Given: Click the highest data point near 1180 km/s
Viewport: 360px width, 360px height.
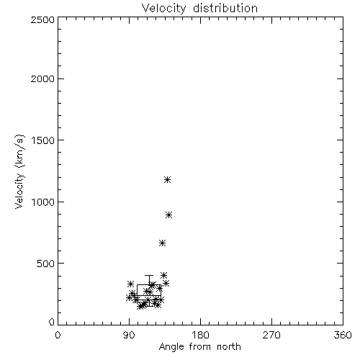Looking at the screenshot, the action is click(x=167, y=179).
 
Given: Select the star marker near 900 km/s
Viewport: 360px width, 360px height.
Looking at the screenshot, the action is click(x=169, y=215).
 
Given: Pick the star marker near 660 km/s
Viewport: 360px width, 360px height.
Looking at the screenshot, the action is click(x=163, y=243).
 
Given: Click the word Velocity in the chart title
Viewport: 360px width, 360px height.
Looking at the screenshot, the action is click(x=164, y=9).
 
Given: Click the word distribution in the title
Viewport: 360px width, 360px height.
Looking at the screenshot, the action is click(x=225, y=8).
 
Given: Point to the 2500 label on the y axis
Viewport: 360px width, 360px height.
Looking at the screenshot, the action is click(x=42, y=19).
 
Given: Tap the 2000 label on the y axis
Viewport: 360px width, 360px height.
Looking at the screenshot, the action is click(x=42, y=78).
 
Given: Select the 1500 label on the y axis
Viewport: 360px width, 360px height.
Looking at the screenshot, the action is click(x=43, y=140).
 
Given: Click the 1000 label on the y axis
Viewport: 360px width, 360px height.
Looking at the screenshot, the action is click(x=43, y=202).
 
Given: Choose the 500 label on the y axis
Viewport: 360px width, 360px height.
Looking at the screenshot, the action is click(x=46, y=264).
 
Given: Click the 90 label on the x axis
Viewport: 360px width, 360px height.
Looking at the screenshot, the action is click(x=129, y=335).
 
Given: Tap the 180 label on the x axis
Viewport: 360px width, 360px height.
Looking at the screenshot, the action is click(x=200, y=335).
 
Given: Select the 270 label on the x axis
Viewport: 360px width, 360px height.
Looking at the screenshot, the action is click(x=271, y=335).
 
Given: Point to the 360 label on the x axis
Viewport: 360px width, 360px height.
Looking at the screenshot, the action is click(x=343, y=335).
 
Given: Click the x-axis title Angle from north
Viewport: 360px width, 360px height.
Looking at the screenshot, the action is click(x=200, y=347).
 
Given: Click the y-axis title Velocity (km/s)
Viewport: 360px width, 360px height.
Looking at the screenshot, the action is click(x=19, y=171).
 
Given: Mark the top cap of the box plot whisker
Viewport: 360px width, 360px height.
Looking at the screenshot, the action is click(x=149, y=275).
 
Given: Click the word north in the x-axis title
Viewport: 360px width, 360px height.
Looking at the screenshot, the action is click(x=229, y=346).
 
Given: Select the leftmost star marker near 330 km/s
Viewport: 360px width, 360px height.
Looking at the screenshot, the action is click(x=130, y=284).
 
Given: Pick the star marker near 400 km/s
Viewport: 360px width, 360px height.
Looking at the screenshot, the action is click(x=163, y=275).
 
